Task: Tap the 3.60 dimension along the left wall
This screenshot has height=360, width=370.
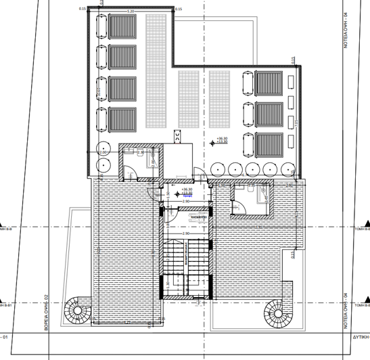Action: click(x=99, y=91)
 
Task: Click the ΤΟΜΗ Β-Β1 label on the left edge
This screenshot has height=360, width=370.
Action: click(x=7, y=305)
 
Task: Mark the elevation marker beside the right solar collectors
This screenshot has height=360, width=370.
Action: click(x=221, y=140)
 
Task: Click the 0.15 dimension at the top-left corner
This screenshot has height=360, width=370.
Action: click(x=83, y=9)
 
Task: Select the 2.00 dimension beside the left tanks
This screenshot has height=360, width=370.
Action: click(x=103, y=153)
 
